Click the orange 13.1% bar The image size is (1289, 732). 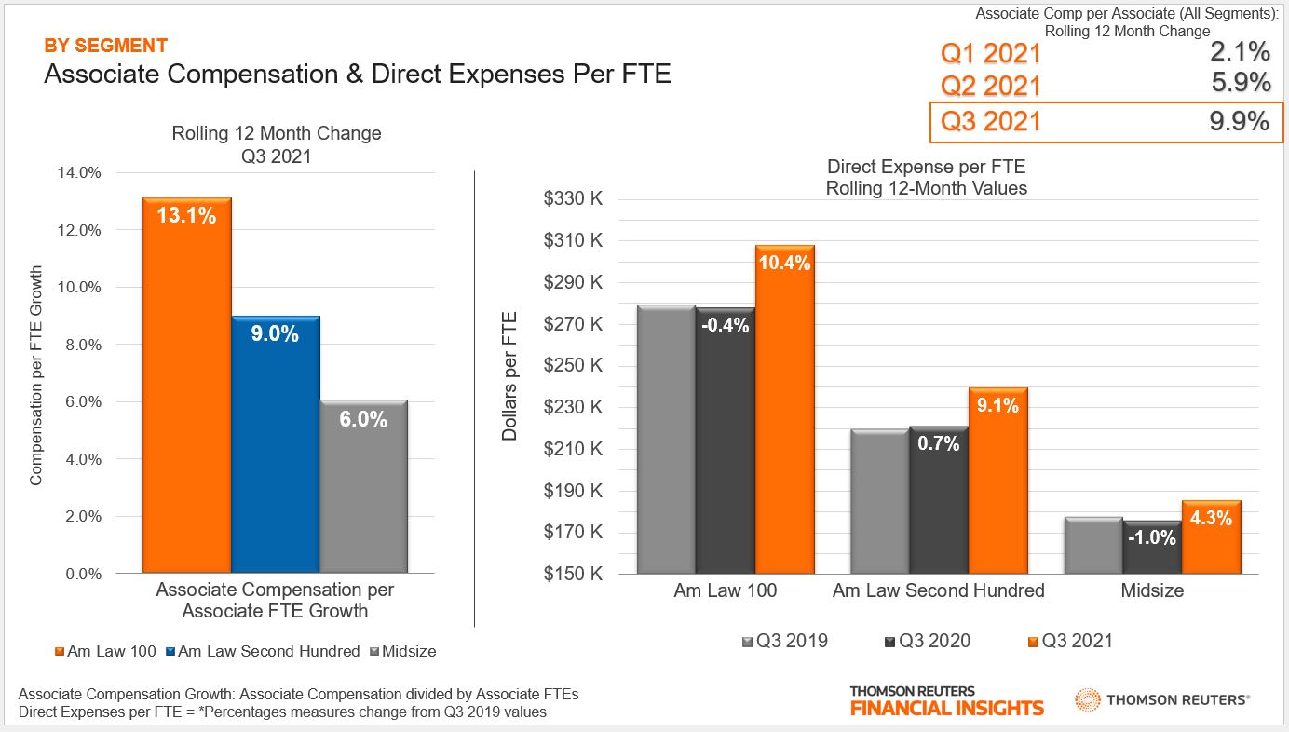(x=186, y=391)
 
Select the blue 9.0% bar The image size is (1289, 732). (x=275, y=447)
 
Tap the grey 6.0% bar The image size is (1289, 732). (x=363, y=489)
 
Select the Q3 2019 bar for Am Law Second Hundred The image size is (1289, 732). (x=880, y=503)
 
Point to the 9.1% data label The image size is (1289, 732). (x=997, y=405)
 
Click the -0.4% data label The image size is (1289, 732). (x=726, y=325)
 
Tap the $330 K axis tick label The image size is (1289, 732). (x=574, y=198)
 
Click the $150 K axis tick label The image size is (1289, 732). (x=574, y=575)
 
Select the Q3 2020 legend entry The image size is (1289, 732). (x=927, y=641)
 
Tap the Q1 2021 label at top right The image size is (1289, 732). (x=991, y=53)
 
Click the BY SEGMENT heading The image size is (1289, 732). (x=106, y=46)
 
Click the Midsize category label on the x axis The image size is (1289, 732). (x=1152, y=590)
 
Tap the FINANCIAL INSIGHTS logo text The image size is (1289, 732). (x=946, y=708)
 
